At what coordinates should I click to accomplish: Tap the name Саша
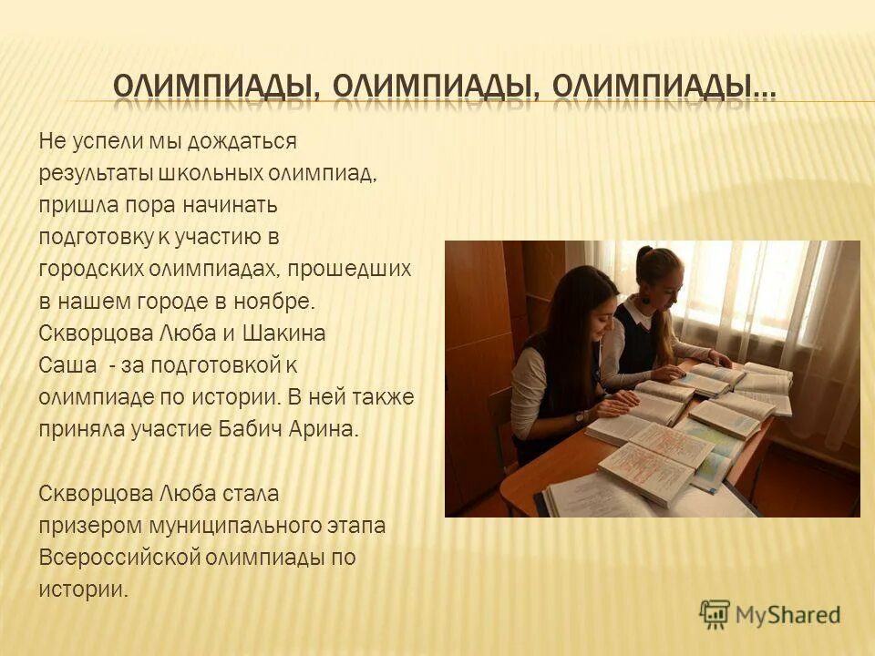click(65, 365)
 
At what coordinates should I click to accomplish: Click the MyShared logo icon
click(715, 612)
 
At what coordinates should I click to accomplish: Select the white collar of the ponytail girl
click(640, 314)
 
